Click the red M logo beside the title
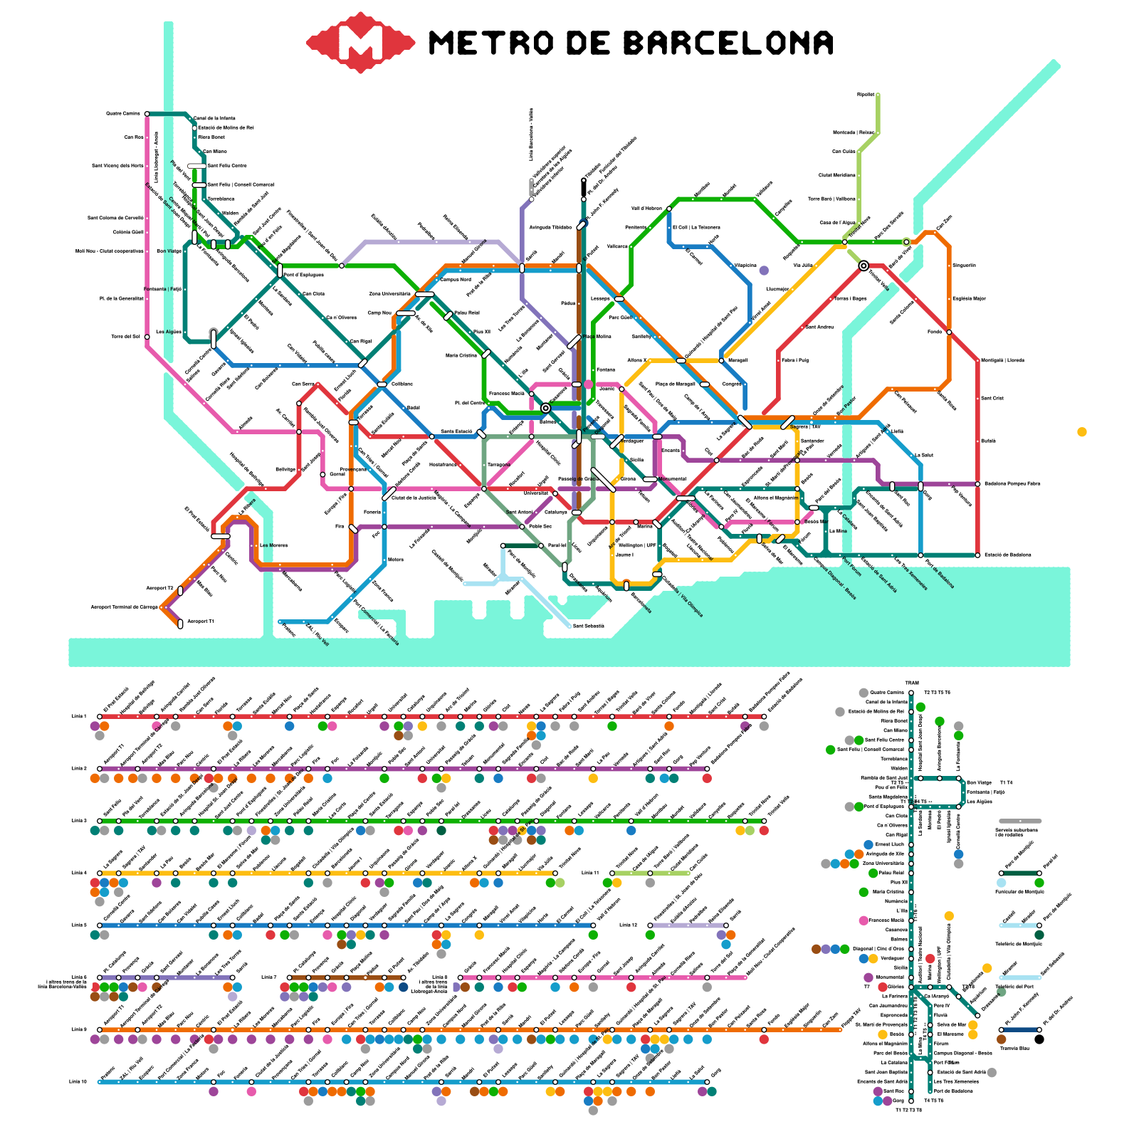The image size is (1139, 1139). (x=360, y=42)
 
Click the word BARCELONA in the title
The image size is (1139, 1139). (x=728, y=43)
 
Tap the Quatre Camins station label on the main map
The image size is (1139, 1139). (x=123, y=114)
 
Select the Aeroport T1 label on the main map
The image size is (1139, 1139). (x=200, y=622)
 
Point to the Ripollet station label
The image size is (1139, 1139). (x=866, y=95)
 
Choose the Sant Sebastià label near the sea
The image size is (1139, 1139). (x=589, y=626)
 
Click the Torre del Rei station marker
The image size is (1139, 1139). (x=147, y=337)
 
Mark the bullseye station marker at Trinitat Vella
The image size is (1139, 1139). (x=864, y=266)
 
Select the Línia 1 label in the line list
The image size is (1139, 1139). (x=79, y=716)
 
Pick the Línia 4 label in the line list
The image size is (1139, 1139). (x=79, y=873)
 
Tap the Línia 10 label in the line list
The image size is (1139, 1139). (x=78, y=1082)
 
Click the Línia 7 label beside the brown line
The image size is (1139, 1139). (x=268, y=977)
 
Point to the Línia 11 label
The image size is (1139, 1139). (x=590, y=873)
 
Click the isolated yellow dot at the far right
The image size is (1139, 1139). (x=1082, y=431)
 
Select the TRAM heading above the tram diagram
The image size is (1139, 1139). (x=912, y=683)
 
